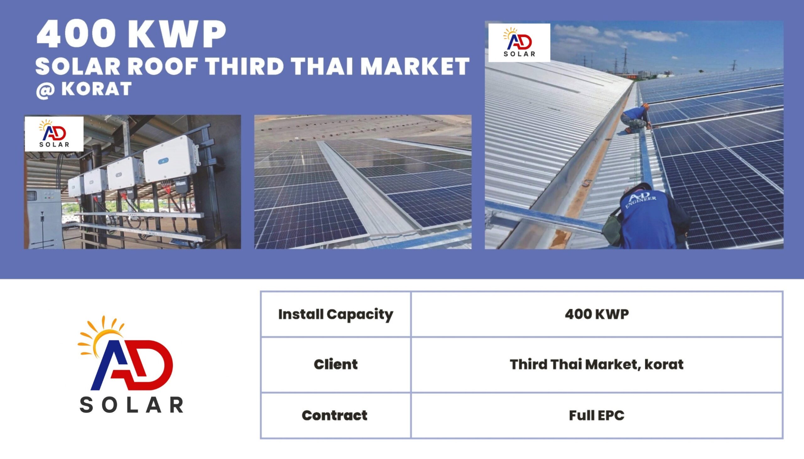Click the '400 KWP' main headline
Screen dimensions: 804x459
pos(131,35)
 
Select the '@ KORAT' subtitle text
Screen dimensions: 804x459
pos(84,89)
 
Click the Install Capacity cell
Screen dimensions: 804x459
pos(336,314)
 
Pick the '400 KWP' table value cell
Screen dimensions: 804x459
pos(597,314)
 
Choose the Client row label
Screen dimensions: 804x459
pos(336,365)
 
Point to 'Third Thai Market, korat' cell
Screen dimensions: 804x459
pos(597,365)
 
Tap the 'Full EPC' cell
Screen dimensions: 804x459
pos(597,415)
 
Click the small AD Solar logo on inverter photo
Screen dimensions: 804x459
pos(54,134)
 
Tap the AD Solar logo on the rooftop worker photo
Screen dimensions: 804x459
pos(519,43)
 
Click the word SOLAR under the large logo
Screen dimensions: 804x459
pos(131,405)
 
